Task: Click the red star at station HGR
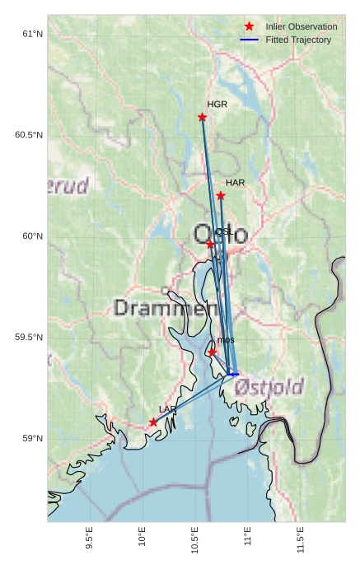(203, 117)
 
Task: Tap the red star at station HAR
(221, 196)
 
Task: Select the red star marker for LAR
(153, 422)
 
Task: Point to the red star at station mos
(213, 352)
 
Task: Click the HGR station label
(217, 105)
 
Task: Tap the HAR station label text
(236, 183)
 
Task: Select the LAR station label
(167, 409)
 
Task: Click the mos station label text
(227, 340)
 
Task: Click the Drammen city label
(161, 309)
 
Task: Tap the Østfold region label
(269, 386)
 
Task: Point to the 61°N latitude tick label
(31, 34)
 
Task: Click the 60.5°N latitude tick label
(29, 135)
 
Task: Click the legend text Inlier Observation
(302, 27)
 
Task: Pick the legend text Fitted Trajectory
(298, 40)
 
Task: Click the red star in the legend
(250, 27)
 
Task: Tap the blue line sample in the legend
(250, 40)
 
